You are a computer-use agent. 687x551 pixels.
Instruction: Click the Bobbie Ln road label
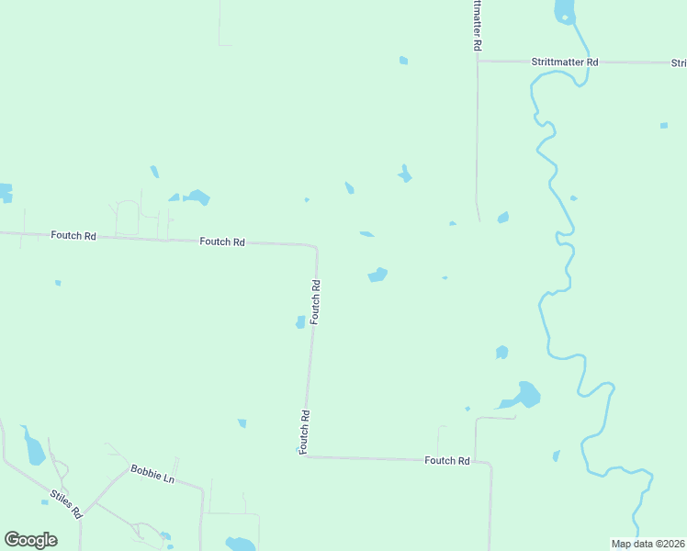pos(152,473)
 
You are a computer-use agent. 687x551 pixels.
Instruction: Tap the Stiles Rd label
pos(65,504)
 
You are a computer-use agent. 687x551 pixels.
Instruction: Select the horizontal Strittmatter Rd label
pos(565,62)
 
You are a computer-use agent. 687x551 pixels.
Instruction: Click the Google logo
pos(30,540)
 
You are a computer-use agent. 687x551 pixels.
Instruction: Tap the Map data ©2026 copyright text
pos(648,544)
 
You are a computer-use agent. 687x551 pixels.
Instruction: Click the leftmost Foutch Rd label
pos(73,235)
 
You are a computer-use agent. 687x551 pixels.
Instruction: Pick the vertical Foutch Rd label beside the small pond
pos(315,301)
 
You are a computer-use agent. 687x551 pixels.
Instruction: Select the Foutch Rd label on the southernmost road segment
pos(447,460)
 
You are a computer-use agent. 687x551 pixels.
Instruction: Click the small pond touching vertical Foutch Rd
pos(300,321)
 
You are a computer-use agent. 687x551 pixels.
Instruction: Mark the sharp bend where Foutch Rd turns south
pos(316,246)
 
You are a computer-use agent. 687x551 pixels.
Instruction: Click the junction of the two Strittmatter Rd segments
pos(478,62)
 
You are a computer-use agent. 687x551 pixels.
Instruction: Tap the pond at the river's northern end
pos(564,11)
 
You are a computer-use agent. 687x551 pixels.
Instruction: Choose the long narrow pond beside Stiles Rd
pos(35,450)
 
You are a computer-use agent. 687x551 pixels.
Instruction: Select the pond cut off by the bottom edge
pos(241,544)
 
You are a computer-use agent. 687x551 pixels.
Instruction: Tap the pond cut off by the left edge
pos(6,192)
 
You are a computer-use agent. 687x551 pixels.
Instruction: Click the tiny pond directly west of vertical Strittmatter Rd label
pos(403,61)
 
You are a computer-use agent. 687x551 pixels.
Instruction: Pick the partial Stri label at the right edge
pos(679,63)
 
